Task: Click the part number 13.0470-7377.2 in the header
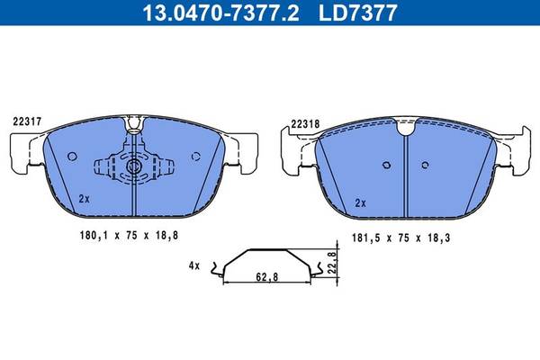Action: (x=220, y=13)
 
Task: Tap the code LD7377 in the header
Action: (x=358, y=13)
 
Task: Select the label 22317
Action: (x=27, y=121)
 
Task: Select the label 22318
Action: (x=305, y=124)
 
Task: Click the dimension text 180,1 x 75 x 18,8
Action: (x=129, y=236)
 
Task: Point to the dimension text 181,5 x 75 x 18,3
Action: (x=400, y=238)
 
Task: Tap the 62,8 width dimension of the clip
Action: (x=267, y=277)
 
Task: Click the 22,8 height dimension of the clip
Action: (x=332, y=263)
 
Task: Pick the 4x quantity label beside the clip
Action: (x=194, y=265)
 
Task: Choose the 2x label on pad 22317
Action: (x=84, y=199)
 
